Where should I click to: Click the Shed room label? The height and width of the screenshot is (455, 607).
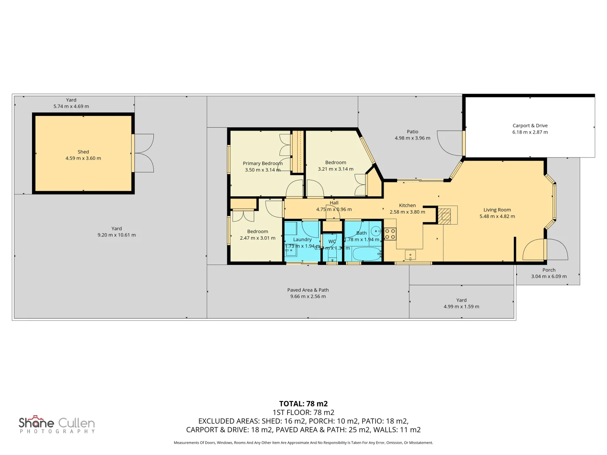[83, 152]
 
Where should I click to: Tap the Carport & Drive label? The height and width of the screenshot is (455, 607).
[530, 126]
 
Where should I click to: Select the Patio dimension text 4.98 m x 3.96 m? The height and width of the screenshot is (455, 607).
[412, 138]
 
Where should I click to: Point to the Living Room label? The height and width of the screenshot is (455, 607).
[497, 210]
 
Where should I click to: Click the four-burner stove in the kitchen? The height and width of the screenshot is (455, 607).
[390, 234]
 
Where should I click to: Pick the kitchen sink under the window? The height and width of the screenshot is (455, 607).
[410, 255]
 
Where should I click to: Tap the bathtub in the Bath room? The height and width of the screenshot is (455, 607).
[366, 254]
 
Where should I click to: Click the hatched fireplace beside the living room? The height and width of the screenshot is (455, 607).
[444, 216]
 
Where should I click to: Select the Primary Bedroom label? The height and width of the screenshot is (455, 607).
[263, 163]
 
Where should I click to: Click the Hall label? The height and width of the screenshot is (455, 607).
[334, 203]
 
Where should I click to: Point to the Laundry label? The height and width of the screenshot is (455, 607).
[302, 239]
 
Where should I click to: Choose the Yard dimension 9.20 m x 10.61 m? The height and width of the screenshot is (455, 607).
[117, 235]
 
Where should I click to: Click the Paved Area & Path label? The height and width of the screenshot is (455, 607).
[308, 290]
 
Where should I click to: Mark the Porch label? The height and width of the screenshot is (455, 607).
[549, 270]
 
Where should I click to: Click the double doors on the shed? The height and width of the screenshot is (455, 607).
[143, 153]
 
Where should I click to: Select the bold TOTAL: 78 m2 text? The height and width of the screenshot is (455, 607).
[303, 404]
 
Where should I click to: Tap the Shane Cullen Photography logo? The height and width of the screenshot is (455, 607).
[57, 425]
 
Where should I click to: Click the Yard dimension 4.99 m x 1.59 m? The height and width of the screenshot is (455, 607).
[461, 307]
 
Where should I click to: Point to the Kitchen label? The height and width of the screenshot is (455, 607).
[407, 206]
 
